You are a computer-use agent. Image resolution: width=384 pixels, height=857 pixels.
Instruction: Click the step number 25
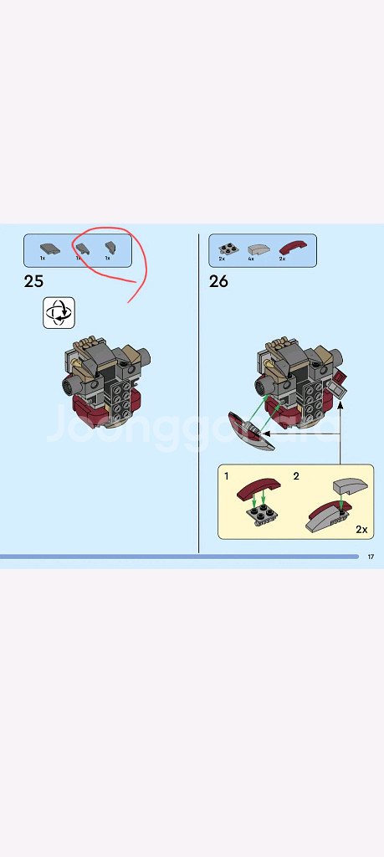tap(34, 281)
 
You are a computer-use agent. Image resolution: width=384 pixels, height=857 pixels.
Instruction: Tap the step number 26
tap(218, 281)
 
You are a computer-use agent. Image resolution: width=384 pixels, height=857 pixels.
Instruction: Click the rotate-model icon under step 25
tap(59, 313)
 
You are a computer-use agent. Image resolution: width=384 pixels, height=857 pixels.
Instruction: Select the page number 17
tap(371, 557)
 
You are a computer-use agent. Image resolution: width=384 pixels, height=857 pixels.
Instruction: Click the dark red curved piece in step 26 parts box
tap(293, 247)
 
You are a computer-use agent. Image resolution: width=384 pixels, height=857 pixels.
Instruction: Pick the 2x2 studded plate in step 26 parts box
tap(226, 248)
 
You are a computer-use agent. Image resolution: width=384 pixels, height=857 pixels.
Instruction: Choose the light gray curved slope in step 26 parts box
tap(259, 248)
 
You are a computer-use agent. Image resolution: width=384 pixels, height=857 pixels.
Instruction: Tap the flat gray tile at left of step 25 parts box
tap(49, 247)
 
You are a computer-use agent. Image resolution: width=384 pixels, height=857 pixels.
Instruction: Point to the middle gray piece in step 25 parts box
tap(81, 248)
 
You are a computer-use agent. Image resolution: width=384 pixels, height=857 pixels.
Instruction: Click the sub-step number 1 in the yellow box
tap(227, 476)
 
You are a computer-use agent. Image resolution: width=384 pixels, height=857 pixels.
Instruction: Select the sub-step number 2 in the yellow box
tap(295, 476)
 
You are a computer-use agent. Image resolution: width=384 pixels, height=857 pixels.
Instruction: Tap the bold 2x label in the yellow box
tap(361, 530)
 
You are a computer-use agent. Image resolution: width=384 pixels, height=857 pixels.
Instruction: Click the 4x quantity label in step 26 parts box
tap(250, 259)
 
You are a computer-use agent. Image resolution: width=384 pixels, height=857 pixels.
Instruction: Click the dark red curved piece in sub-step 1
tap(259, 488)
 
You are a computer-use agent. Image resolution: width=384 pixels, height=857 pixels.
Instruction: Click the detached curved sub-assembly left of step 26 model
tap(250, 429)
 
